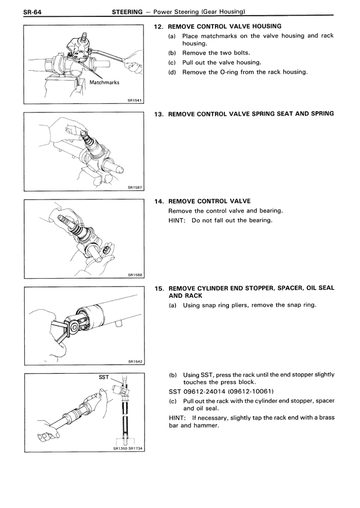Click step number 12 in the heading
(x=159, y=26)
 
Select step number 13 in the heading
(x=159, y=114)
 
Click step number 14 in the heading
(x=159, y=201)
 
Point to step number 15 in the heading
(x=159, y=288)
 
